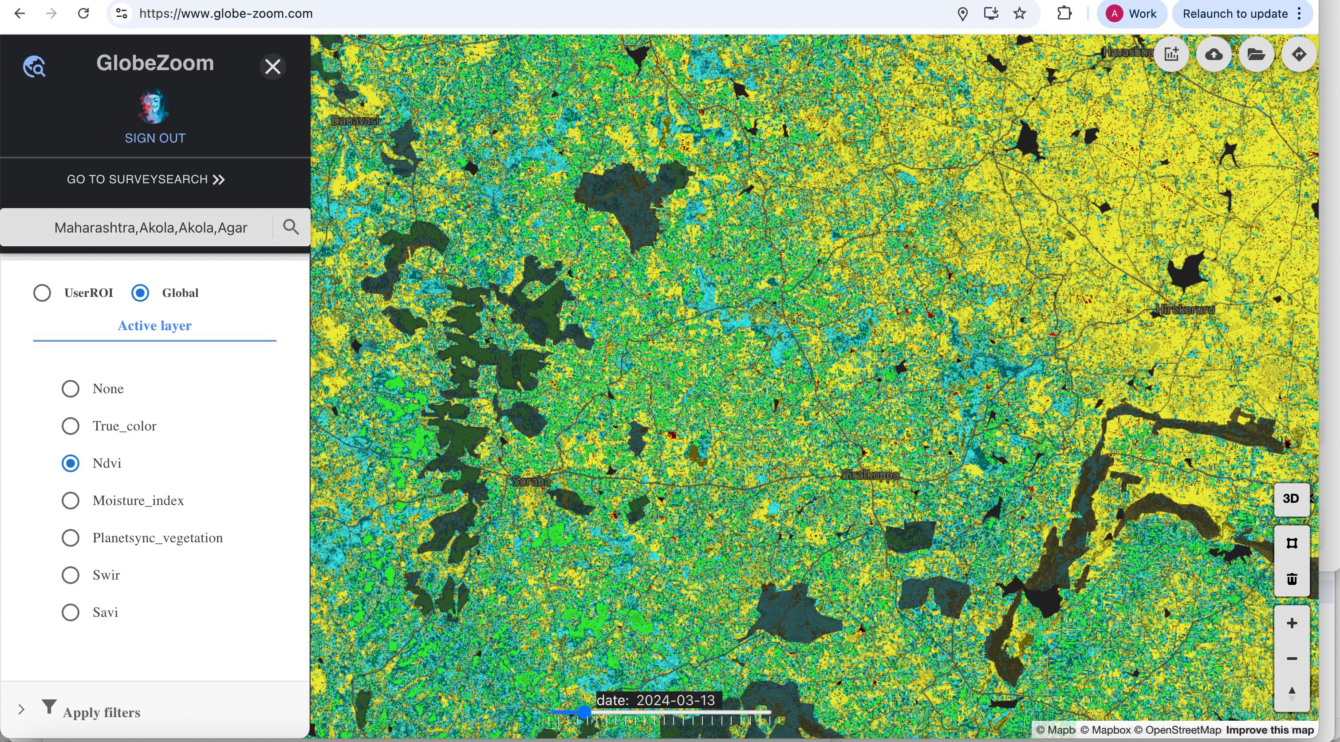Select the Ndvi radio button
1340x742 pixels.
(x=70, y=463)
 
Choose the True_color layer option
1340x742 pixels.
(x=70, y=426)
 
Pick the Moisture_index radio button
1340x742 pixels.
(x=70, y=501)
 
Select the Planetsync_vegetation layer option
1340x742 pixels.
(x=70, y=537)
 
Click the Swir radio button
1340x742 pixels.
(x=70, y=575)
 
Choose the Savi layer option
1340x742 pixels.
(x=70, y=612)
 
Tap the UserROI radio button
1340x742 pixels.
(x=42, y=293)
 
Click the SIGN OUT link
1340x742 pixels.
(x=155, y=138)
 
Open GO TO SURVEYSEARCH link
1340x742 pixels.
(x=146, y=180)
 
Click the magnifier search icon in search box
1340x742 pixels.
(x=291, y=227)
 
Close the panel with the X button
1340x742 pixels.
(x=272, y=67)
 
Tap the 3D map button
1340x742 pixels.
(x=1291, y=498)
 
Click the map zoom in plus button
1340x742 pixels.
(x=1291, y=624)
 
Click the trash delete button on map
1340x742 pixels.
(x=1291, y=579)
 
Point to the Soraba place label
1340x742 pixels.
(x=531, y=482)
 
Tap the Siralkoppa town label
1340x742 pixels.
(x=870, y=474)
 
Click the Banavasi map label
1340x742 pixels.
(x=355, y=121)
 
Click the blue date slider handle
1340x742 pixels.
(x=584, y=712)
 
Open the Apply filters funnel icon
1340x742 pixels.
(x=49, y=706)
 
